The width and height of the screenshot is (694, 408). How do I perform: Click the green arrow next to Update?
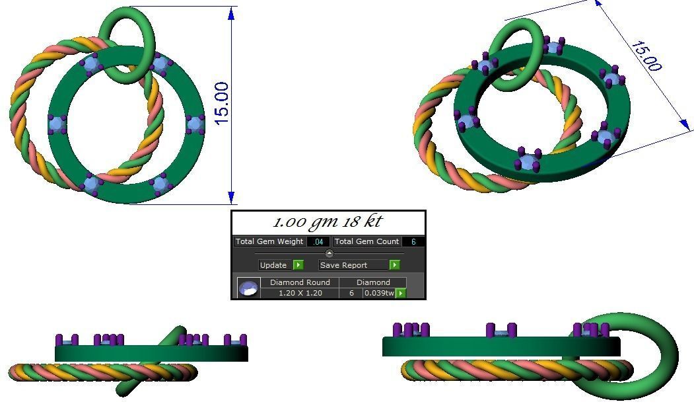298,265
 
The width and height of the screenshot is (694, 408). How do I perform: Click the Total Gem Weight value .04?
318,242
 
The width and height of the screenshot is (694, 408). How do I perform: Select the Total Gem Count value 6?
413,242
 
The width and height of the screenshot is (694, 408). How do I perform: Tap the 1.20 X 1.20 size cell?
300,293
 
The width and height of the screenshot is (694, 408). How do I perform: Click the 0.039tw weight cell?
379,293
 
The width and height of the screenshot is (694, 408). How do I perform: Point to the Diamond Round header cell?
300,282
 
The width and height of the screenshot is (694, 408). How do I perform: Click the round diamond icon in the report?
248,288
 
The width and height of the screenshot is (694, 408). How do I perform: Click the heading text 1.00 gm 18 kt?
328,222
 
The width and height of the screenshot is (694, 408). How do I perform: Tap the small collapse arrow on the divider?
329,254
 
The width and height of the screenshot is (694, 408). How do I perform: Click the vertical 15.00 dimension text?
222,102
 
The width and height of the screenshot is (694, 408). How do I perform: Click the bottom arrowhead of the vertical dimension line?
231,196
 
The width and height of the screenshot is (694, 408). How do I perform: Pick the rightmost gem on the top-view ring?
195,124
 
